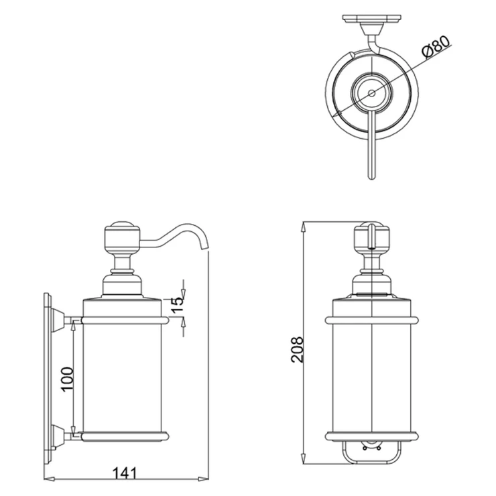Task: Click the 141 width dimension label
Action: tap(125, 473)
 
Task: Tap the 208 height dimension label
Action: tap(298, 349)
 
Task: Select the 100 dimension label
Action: tap(67, 379)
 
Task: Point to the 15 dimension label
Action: tap(178, 304)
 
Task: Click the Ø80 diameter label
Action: tap(436, 47)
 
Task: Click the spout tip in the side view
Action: tap(204, 249)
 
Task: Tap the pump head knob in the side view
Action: tap(123, 237)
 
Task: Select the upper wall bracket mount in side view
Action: tap(58, 320)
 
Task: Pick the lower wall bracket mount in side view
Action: tap(58, 437)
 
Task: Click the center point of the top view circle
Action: tap(372, 93)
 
